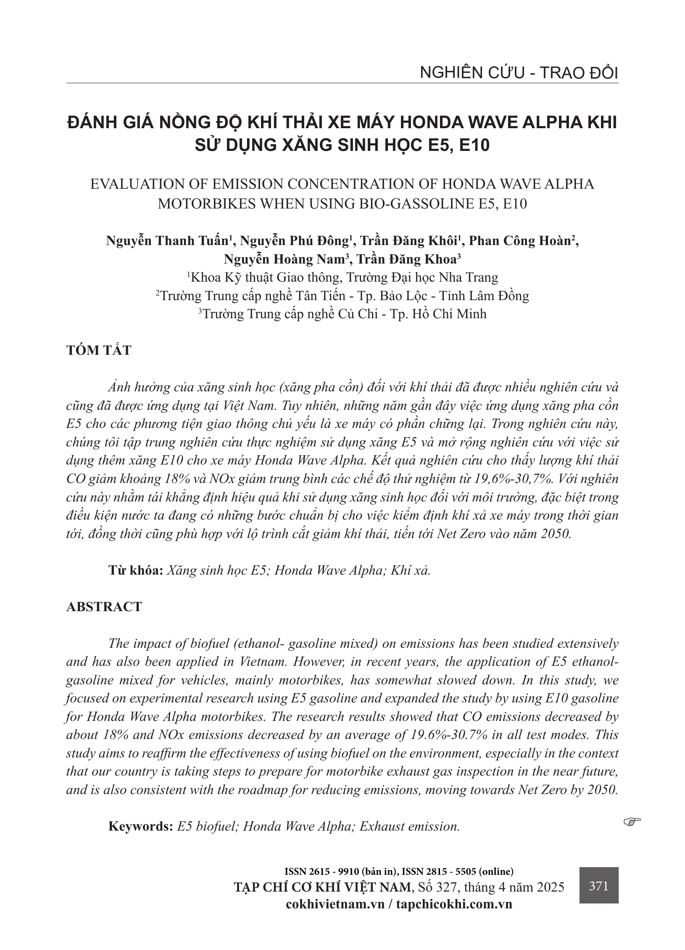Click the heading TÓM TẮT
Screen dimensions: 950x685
pyautogui.click(x=99, y=350)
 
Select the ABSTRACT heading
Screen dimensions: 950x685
pyautogui.click(x=104, y=607)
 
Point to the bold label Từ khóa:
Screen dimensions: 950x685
pyautogui.click(x=136, y=570)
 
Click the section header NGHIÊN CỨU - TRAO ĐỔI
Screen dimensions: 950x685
pyautogui.click(x=519, y=73)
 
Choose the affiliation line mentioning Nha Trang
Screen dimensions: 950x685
pyautogui.click(x=342, y=277)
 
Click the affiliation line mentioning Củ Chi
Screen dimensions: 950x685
pyautogui.click(x=342, y=314)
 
